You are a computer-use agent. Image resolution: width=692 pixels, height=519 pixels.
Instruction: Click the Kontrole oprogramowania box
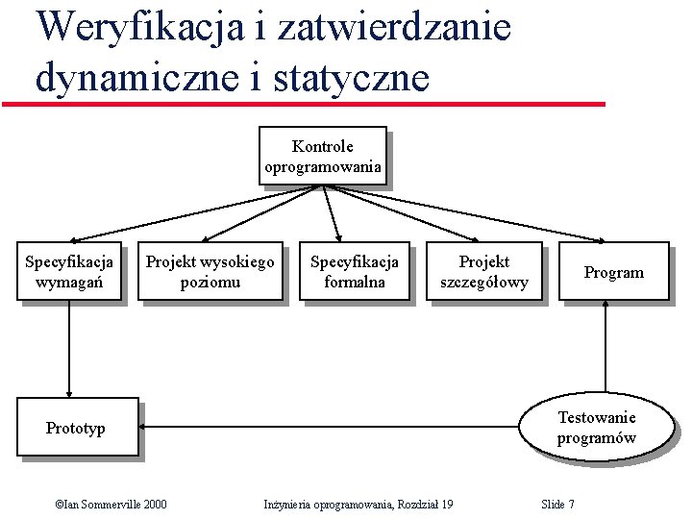(323, 156)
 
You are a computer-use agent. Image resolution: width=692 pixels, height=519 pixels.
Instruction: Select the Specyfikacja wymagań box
(69, 272)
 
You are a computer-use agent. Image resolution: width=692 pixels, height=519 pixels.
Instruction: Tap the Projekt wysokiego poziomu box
(210, 272)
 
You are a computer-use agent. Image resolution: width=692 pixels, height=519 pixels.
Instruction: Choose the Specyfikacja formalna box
(354, 272)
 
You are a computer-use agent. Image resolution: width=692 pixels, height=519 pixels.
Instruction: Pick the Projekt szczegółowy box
(483, 272)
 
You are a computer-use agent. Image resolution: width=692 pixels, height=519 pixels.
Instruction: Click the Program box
(613, 272)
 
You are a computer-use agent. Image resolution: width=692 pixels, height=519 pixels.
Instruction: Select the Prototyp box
(76, 428)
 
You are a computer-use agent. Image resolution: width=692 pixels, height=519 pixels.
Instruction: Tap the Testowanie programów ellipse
(596, 428)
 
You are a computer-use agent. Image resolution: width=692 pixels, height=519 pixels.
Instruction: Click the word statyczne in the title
(350, 77)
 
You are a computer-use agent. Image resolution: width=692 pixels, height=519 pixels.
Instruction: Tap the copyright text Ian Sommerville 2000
(111, 504)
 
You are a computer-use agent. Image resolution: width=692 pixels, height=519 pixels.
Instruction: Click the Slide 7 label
(557, 504)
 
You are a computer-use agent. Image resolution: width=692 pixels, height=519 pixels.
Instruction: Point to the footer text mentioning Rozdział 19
(358, 504)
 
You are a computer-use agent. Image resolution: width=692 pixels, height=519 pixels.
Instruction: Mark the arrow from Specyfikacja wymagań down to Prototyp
(69, 351)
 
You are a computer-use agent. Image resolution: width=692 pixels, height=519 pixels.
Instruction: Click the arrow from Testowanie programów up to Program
(605, 346)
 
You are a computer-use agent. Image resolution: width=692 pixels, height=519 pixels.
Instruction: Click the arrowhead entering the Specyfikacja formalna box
(339, 236)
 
